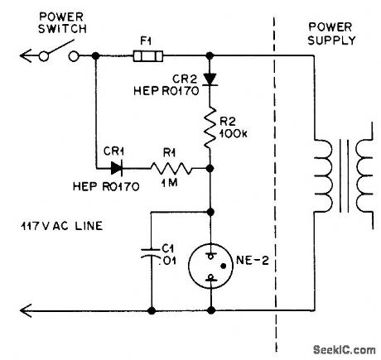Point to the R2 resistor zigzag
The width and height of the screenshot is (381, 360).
point(212,129)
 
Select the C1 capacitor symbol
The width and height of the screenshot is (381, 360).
point(152,253)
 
